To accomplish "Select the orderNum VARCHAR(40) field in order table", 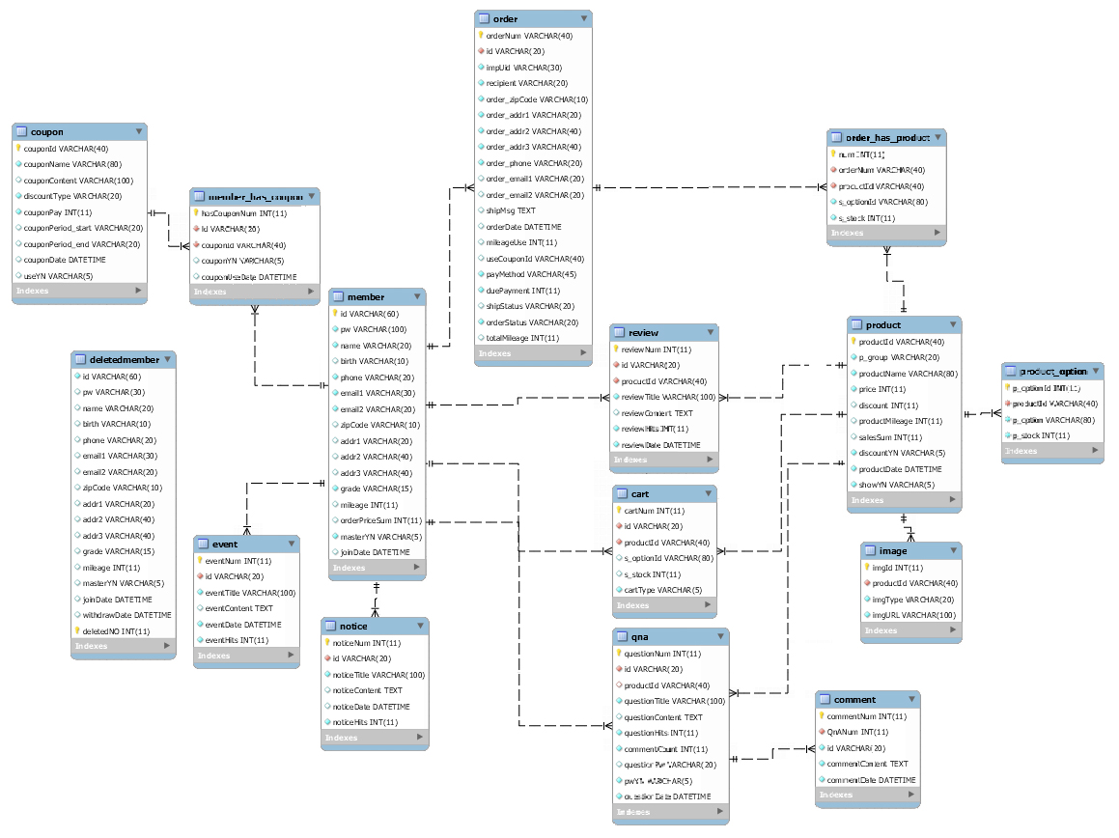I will pos(528,36).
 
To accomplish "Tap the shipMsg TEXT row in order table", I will pos(511,210).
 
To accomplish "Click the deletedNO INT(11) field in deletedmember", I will pos(116,631).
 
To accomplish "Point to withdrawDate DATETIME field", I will pos(126,615).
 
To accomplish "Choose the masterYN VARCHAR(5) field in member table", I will pos(380,537).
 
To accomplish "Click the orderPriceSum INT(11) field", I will pos(380,520).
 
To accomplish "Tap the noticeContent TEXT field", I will pos(367,690).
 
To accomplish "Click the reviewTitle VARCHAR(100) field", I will pos(668,397).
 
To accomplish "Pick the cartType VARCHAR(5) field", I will pos(662,590).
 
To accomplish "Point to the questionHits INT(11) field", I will pos(661,733).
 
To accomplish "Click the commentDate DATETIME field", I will pos(870,780).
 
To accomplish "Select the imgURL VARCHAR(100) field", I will pos(913,615).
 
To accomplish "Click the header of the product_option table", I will pos(1052,372).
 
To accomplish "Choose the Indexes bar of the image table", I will pos(911,630).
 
